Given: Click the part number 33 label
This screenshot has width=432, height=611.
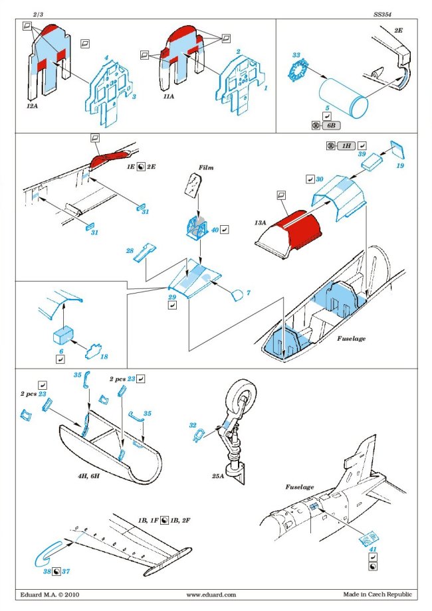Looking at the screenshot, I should tap(296, 54).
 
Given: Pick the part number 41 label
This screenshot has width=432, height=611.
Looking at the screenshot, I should tap(372, 549).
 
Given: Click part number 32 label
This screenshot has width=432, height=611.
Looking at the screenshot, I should tap(193, 424).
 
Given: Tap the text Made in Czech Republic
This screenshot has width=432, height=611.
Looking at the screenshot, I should tap(377, 594).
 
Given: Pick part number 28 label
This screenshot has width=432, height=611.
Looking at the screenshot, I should tap(130, 250).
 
